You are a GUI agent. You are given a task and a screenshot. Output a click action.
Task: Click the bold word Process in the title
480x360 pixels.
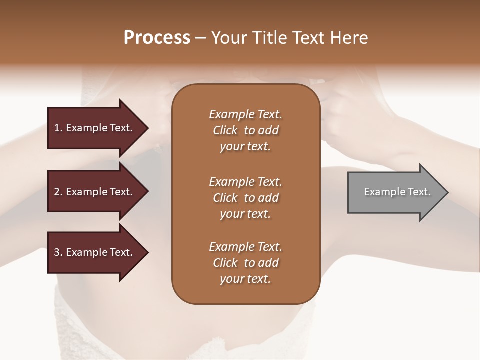157,38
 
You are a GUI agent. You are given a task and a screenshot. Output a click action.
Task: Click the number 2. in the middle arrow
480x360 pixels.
58,192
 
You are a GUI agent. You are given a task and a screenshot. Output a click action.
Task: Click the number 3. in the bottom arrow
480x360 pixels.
58,252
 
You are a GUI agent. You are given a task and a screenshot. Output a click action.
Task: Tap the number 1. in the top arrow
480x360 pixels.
58,128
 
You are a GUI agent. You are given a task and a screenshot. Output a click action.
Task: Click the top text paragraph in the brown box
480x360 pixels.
245,130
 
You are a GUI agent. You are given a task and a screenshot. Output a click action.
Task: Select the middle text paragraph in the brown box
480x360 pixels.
245,198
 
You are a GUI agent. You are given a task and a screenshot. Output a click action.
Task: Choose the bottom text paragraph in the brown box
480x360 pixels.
245,263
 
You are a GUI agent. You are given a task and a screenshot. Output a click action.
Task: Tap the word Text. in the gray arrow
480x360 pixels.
419,192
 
